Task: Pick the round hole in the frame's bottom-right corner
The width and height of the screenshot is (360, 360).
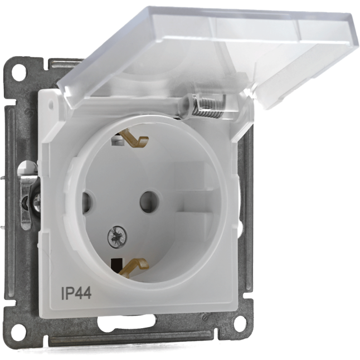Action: (241, 323)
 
